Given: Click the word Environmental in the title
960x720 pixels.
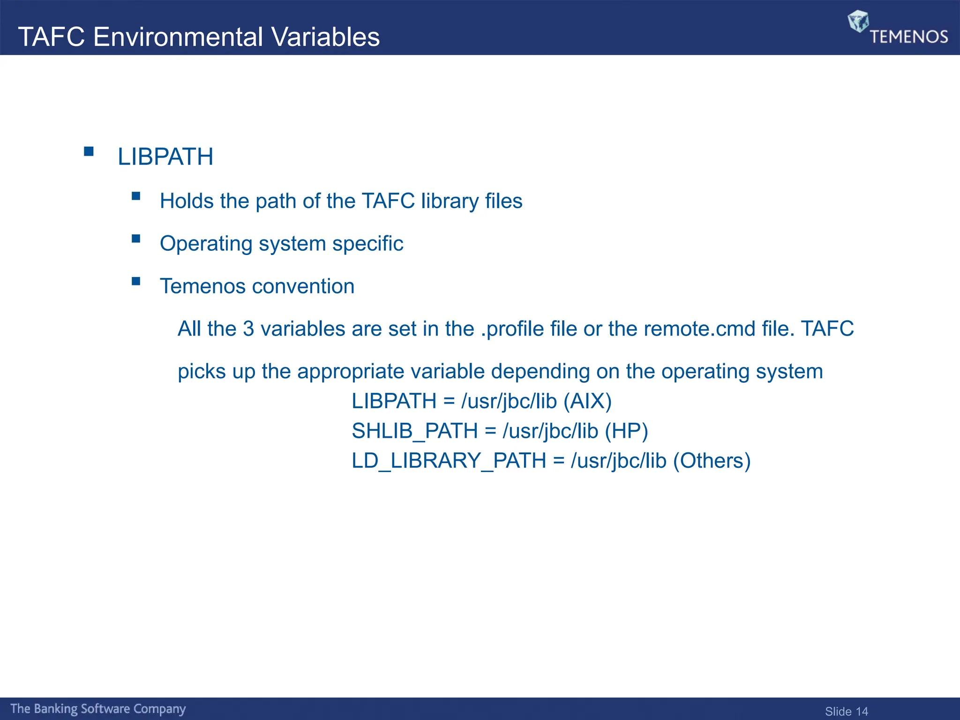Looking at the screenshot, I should [178, 37].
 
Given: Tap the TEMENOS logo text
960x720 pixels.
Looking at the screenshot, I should [909, 37].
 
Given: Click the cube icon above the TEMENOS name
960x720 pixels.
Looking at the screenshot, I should [858, 21].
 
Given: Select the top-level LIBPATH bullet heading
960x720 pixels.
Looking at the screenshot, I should [165, 157].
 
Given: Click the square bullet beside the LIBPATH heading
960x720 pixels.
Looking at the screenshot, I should [89, 151].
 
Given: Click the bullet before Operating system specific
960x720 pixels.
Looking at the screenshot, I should [136, 239].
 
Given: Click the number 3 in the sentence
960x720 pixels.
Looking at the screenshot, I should [248, 329].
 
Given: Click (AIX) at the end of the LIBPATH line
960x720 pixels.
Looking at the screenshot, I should [587, 401].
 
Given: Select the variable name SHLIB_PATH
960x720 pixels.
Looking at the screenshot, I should [414, 431].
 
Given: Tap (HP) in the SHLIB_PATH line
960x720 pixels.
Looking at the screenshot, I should [626, 431].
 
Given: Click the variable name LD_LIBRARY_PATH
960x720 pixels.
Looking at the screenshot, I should [449, 461].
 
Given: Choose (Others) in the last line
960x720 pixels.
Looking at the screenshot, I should [712, 461].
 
